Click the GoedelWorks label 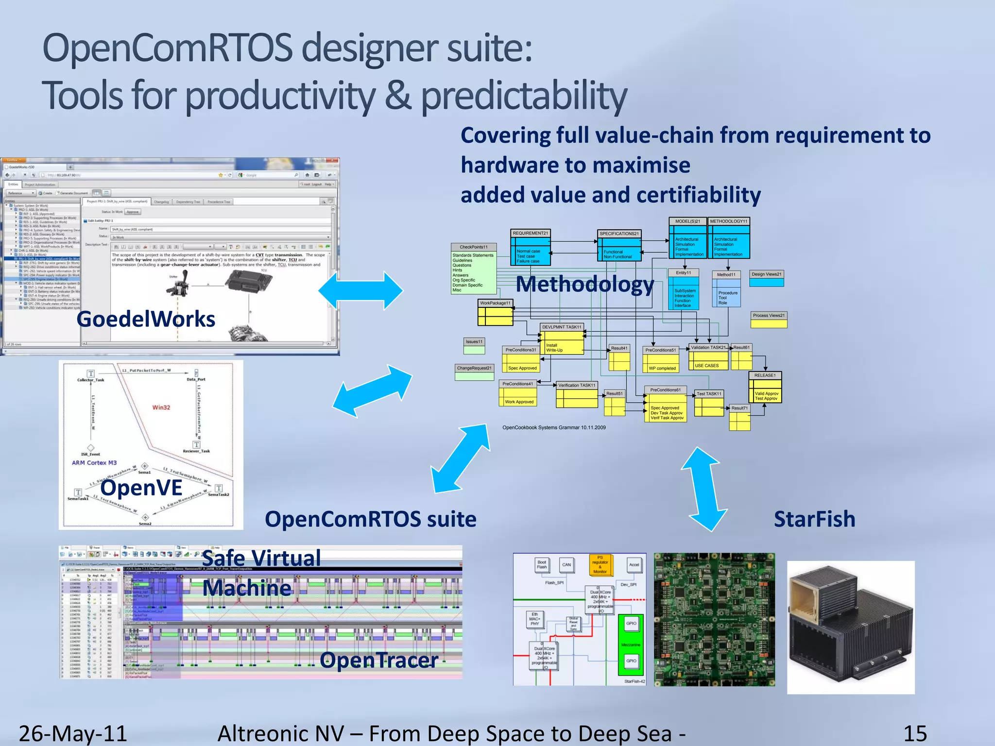click(146, 320)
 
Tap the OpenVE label click(141, 488)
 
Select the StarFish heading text click(814, 519)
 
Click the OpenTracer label click(379, 661)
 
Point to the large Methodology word click(585, 284)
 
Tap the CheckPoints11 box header click(474, 247)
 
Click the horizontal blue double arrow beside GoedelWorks click(360, 290)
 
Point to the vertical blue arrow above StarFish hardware click(704, 489)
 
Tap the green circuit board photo click(714, 619)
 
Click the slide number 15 click(915, 733)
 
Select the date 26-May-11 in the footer click(73, 733)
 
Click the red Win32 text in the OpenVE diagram click(161, 407)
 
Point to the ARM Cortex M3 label click(94, 463)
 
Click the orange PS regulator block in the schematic click(600, 565)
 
